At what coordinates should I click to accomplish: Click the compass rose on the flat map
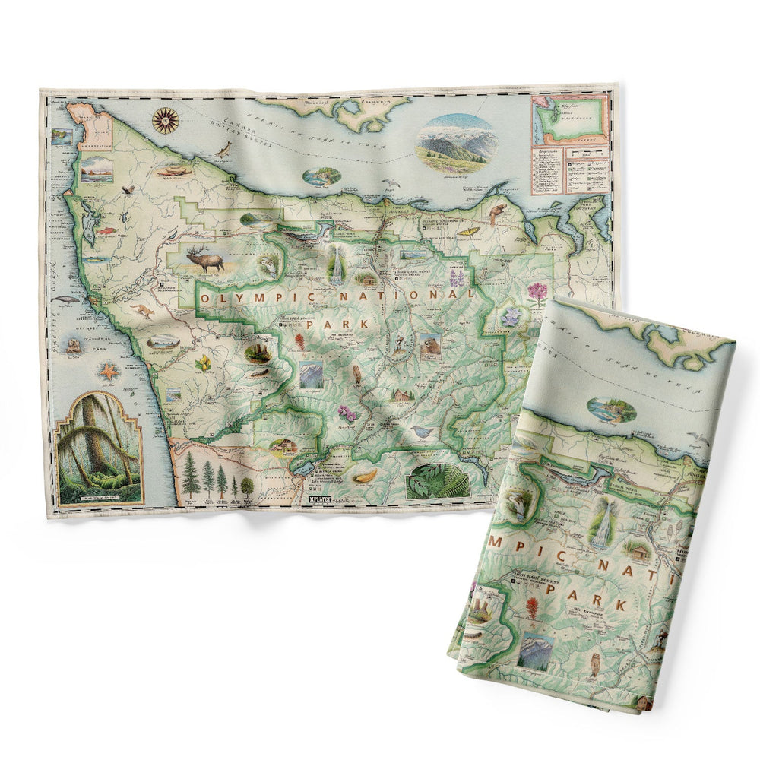[x=165, y=119]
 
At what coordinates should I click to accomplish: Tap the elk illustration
[x=207, y=261]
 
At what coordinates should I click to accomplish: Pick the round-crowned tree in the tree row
[x=247, y=485]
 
